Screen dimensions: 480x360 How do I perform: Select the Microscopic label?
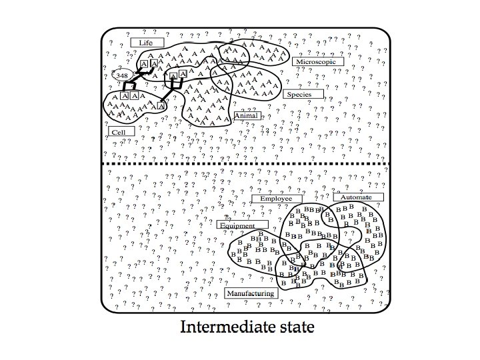tap(318, 61)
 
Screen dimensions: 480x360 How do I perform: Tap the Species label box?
tap(303, 95)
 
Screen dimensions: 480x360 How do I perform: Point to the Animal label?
tap(245, 116)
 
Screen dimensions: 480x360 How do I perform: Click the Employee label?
tap(276, 199)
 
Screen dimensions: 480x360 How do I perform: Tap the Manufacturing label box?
tap(251, 293)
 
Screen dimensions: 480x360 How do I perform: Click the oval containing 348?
tap(123, 76)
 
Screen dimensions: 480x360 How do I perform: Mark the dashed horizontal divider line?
tap(243, 163)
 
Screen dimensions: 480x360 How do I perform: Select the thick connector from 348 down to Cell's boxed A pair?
tap(129, 87)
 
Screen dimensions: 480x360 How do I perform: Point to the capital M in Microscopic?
tap(297, 61)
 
